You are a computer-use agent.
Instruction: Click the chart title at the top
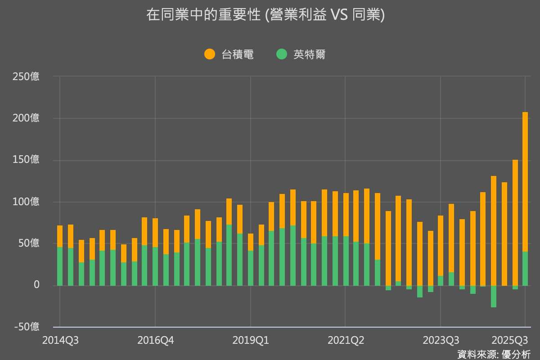(x=265, y=15)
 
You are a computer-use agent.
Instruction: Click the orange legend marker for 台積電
(x=210, y=54)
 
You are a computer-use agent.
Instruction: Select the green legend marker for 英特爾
(x=282, y=54)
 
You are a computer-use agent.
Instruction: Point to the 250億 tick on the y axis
(x=26, y=76)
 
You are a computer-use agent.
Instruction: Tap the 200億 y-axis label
(x=26, y=118)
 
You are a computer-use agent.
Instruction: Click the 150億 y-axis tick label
(x=26, y=160)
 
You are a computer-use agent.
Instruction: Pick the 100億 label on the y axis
(x=26, y=202)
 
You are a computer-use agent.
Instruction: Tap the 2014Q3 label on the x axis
(x=60, y=340)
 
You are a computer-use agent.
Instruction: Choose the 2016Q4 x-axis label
(x=155, y=340)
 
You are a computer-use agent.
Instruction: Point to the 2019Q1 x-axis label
(x=251, y=340)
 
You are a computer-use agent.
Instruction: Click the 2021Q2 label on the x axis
(x=346, y=340)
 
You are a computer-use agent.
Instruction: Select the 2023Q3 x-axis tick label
(x=441, y=340)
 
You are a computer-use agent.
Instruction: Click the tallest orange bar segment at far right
(x=525, y=180)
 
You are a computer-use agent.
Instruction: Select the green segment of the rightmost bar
(x=525, y=269)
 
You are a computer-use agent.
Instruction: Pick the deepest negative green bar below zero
(x=494, y=297)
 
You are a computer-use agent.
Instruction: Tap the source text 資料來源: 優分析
(x=494, y=354)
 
